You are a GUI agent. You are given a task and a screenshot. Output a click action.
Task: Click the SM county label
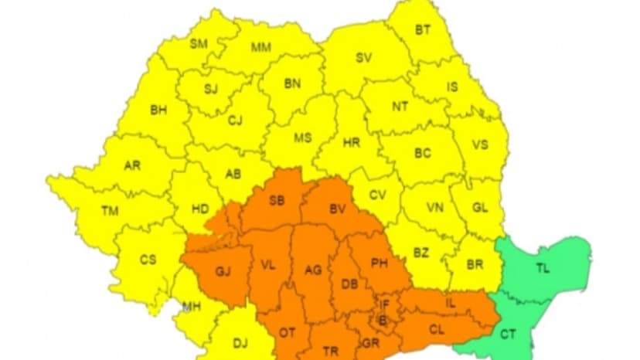tap(199, 43)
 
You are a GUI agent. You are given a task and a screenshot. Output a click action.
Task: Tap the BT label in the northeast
tap(424, 30)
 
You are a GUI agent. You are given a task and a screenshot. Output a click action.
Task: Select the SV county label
tap(363, 57)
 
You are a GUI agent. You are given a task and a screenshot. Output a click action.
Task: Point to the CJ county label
tap(235, 120)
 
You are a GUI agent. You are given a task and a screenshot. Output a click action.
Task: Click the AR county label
tap(132, 165)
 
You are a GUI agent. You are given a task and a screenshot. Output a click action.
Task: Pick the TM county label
tap(110, 209)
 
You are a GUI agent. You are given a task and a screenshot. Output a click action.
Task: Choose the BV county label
tap(338, 208)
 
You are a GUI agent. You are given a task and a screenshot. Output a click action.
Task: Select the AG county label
tap(313, 270)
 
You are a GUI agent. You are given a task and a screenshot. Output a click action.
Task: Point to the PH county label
tap(379, 263)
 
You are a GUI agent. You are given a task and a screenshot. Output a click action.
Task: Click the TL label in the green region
tap(544, 269)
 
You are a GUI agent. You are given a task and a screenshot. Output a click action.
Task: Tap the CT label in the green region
tap(508, 335)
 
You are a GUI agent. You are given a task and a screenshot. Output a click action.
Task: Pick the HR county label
tap(352, 143)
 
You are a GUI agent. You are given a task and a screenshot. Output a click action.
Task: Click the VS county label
tap(480, 144)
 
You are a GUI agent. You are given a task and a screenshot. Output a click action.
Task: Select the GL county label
tap(479, 208)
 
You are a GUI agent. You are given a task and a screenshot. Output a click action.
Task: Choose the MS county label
tap(303, 138)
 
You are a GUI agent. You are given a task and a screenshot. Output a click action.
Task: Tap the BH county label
tap(158, 110)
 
